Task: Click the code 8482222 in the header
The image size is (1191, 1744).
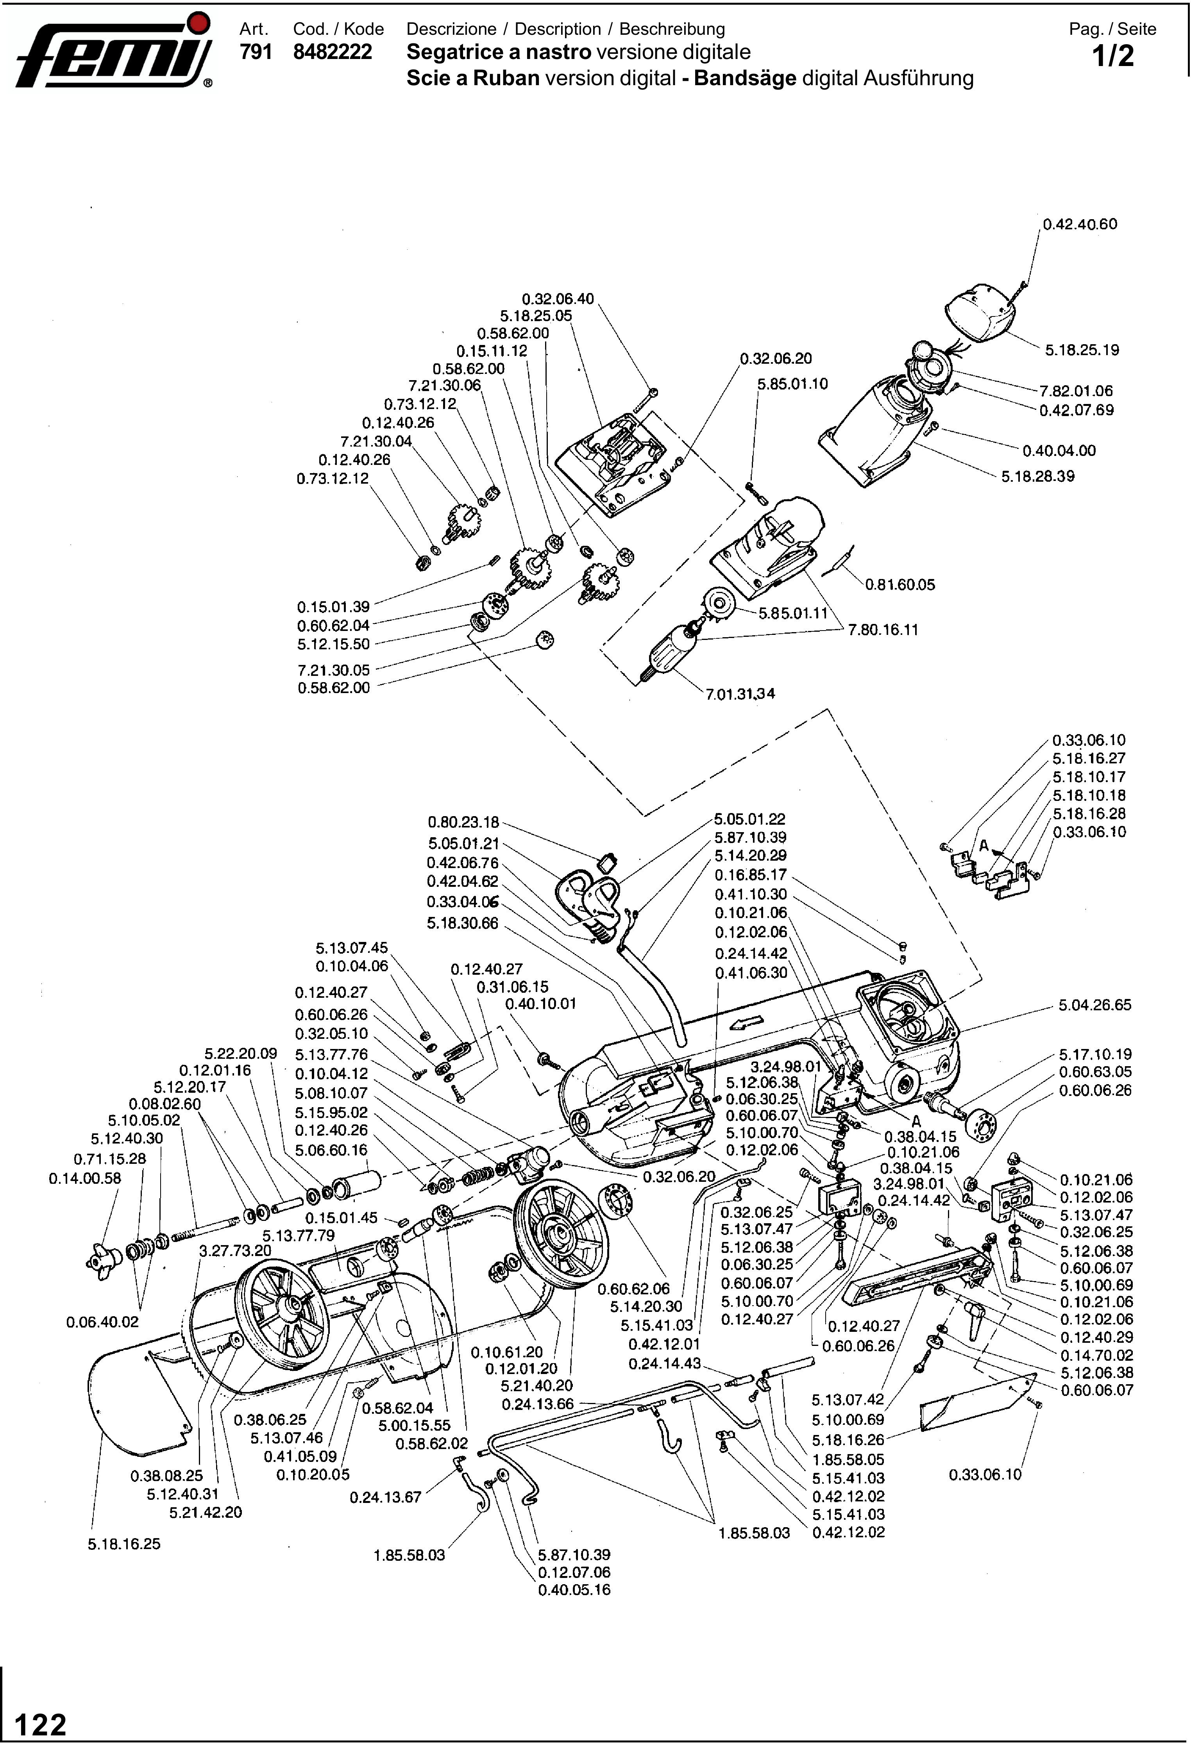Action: click(333, 52)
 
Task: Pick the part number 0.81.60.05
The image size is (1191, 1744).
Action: click(901, 584)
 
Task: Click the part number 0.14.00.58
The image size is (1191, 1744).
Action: click(85, 1178)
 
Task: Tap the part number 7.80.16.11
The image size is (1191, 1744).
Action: click(883, 630)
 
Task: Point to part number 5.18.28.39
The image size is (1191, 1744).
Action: click(1037, 477)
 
